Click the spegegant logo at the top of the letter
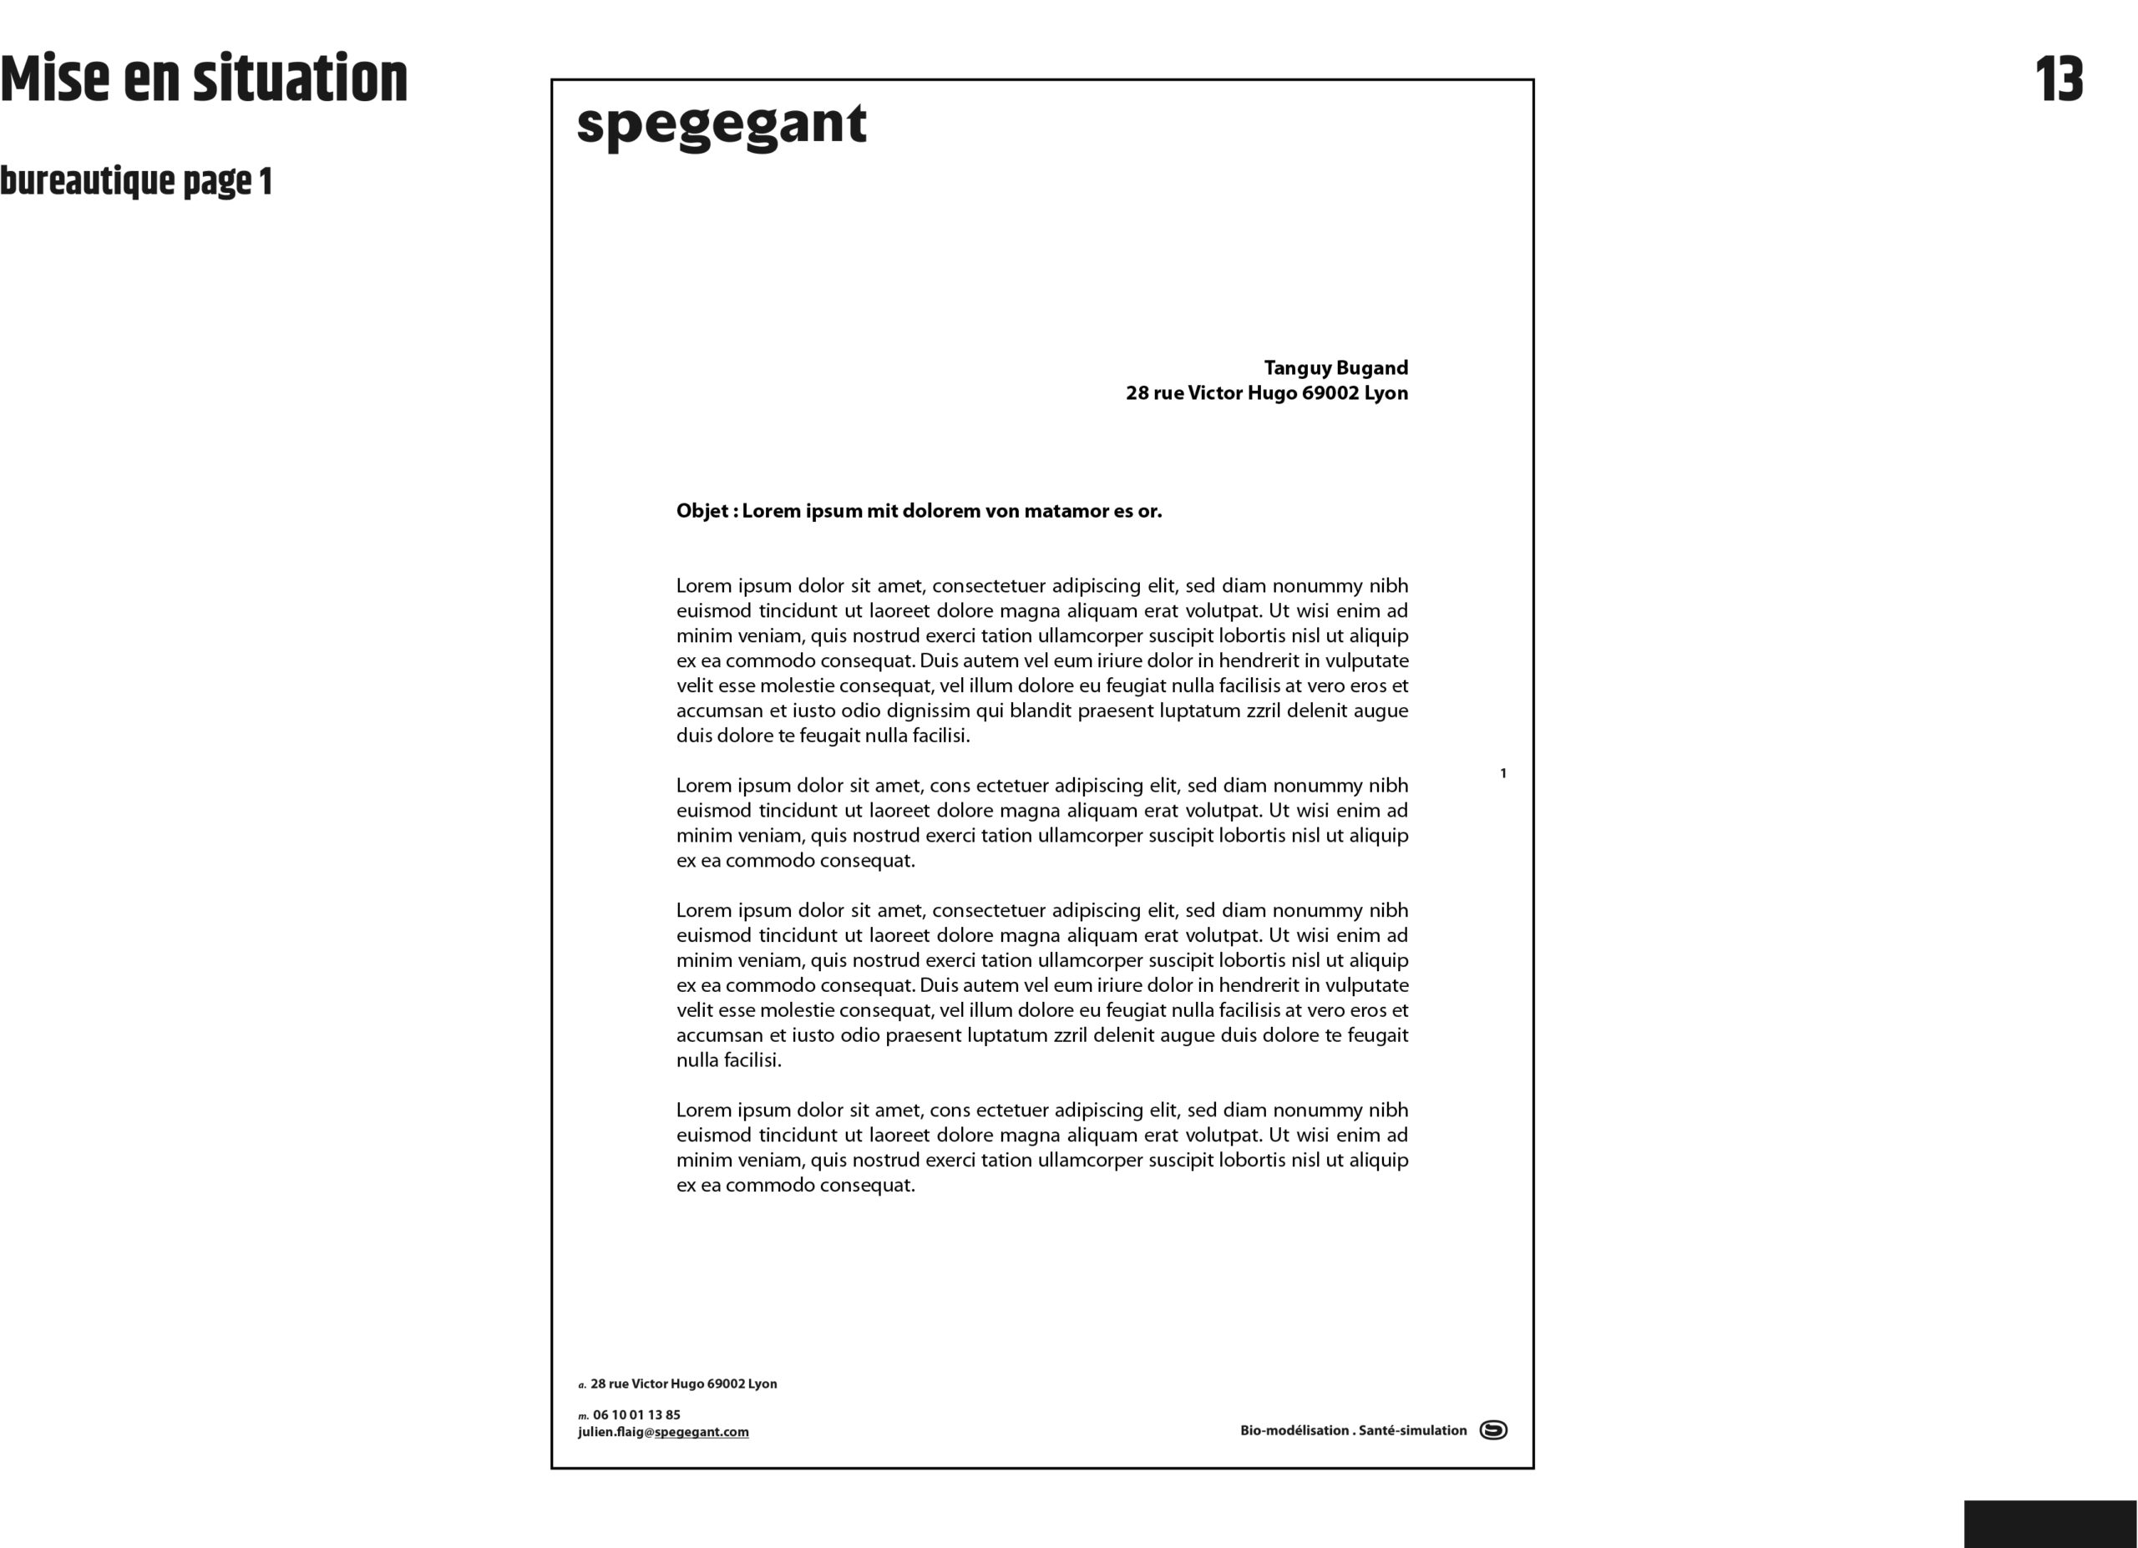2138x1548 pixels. coord(721,125)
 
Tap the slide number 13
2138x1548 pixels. coord(2059,80)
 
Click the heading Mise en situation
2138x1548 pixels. coord(204,79)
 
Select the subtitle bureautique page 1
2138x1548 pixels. coord(136,181)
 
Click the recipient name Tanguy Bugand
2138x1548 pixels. coord(1335,367)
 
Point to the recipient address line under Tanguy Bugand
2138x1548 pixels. coord(1266,393)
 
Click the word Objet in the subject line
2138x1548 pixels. coord(702,511)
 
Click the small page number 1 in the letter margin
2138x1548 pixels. coord(1502,773)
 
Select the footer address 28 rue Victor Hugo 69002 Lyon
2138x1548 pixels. coord(683,1384)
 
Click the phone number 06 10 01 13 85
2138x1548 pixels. coord(636,1415)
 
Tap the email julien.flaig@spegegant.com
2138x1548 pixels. coord(664,1432)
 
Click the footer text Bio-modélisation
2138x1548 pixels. coord(1294,1430)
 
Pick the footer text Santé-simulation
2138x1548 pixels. coord(1412,1430)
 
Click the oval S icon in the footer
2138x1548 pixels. coord(1493,1430)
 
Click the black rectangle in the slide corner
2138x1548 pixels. coord(2049,1524)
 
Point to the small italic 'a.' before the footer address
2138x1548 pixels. coord(581,1385)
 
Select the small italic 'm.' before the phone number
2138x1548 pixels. coord(583,1416)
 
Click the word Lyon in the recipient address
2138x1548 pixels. coord(1386,393)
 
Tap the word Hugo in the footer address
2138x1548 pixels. coord(687,1384)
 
